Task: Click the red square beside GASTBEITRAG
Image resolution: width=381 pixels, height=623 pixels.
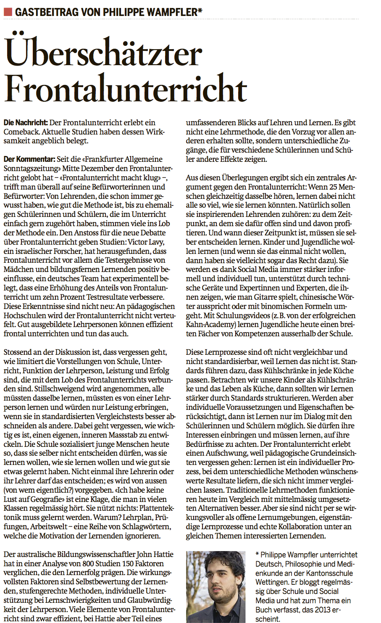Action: click(x=8, y=12)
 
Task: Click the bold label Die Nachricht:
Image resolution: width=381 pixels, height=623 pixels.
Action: click(x=26, y=123)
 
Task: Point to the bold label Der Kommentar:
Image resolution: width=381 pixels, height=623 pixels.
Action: click(x=29, y=159)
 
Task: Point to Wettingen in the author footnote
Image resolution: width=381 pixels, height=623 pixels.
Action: click(x=273, y=582)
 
